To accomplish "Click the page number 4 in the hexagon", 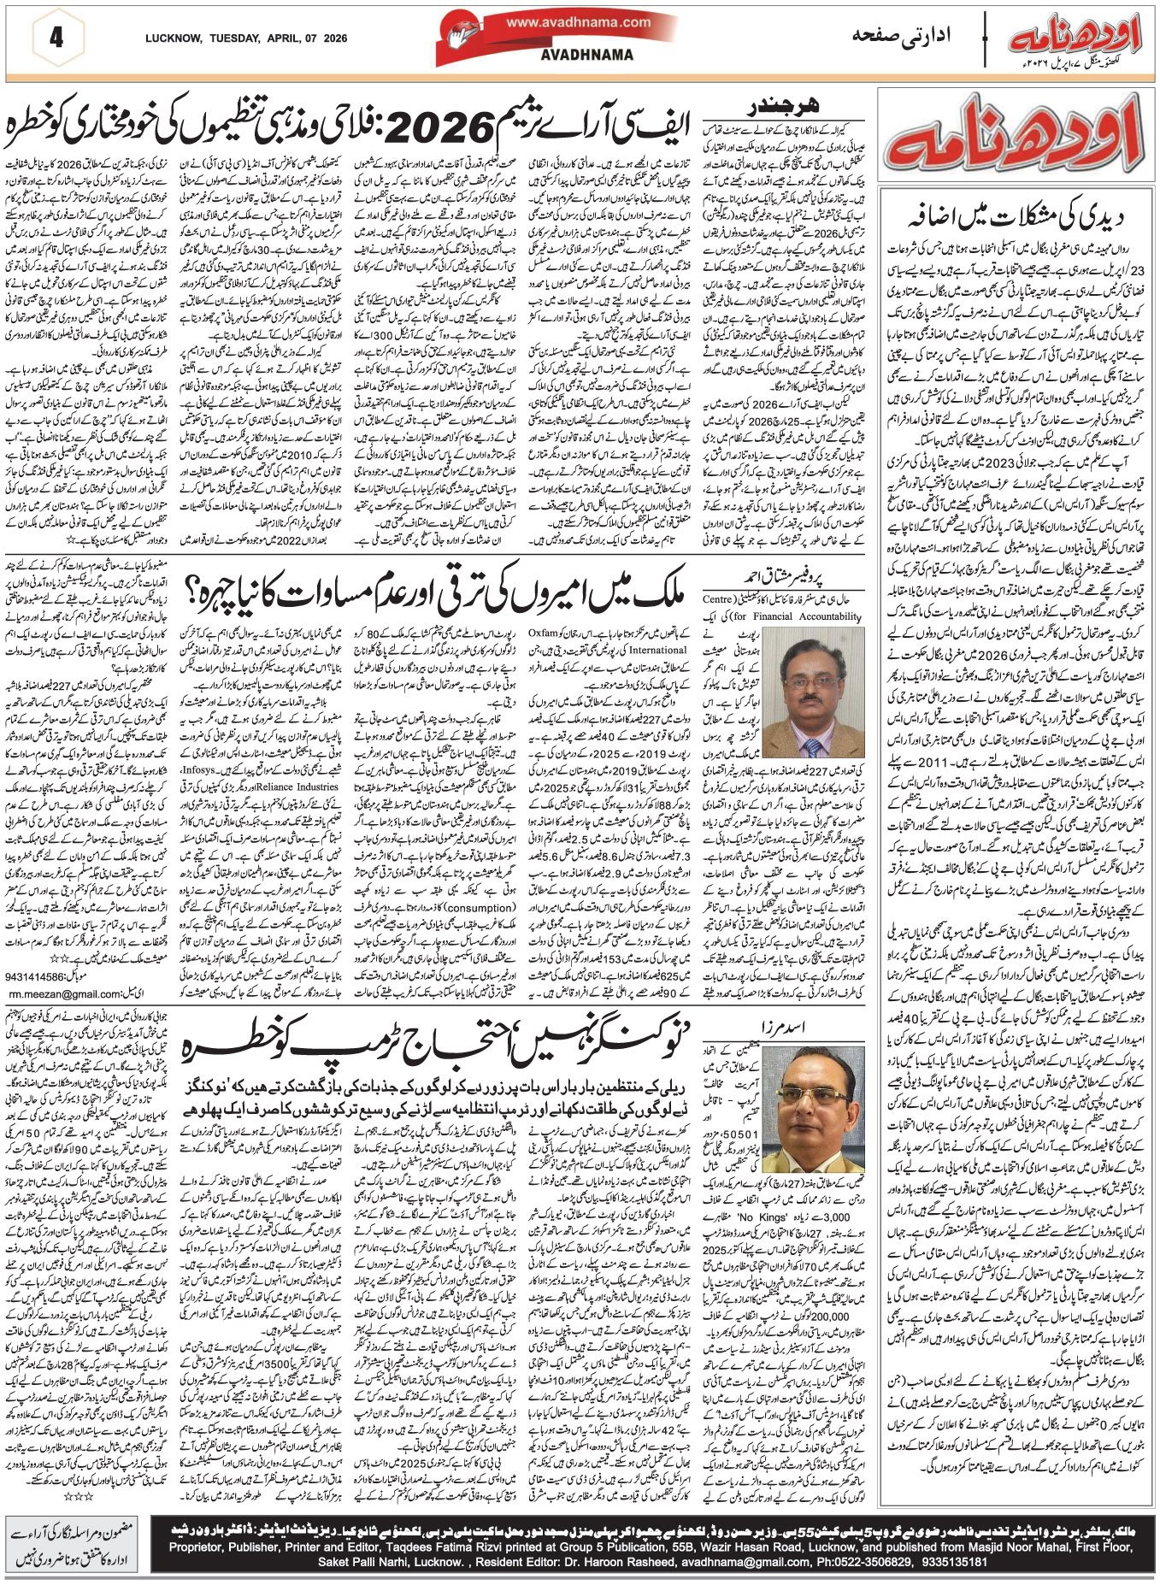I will tap(56, 38).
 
